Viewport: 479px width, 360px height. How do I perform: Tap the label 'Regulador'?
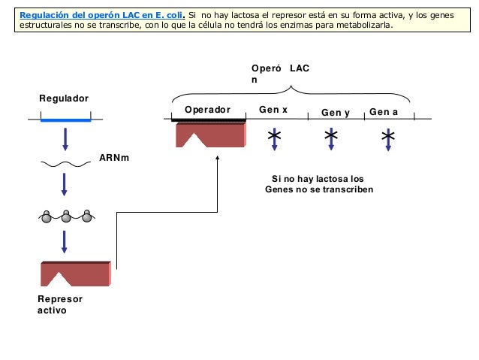click(64, 98)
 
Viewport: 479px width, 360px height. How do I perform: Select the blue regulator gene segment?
click(65, 119)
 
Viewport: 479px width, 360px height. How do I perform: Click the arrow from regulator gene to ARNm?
click(65, 139)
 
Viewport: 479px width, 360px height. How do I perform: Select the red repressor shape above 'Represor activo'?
click(75, 274)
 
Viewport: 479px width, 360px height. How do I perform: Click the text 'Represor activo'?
click(60, 304)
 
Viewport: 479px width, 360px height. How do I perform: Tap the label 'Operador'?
click(207, 110)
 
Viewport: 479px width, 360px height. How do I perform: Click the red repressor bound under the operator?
click(210, 135)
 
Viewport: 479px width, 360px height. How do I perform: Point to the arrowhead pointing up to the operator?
click(217, 159)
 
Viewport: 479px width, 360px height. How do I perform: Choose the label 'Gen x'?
click(273, 110)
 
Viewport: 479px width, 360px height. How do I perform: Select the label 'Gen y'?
click(336, 113)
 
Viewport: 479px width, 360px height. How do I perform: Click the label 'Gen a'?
click(384, 112)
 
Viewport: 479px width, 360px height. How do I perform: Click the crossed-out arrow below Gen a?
click(387, 138)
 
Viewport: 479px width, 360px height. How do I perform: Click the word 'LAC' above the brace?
click(300, 68)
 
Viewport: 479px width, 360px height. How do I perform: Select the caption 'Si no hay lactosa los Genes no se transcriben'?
click(318, 184)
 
